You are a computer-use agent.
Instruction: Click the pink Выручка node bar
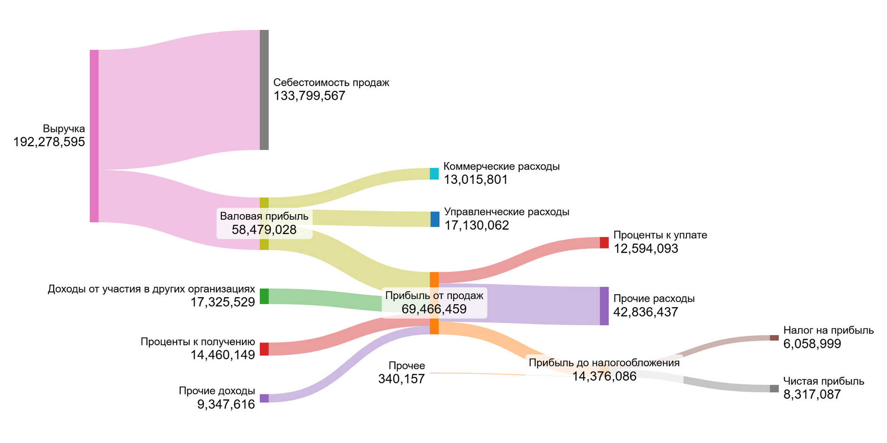coord(94,136)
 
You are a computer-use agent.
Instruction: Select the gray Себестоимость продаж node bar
coord(264,90)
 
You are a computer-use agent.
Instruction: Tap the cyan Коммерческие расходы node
coord(434,174)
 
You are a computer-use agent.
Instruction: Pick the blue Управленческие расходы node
coord(435,219)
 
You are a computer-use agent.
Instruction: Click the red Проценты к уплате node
coord(604,243)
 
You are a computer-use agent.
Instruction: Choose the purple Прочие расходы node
coord(604,306)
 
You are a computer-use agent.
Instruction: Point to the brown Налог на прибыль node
coord(774,338)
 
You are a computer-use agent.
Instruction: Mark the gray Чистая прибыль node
coord(774,388)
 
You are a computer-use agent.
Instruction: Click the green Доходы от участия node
coord(264,296)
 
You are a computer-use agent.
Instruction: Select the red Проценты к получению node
coord(264,349)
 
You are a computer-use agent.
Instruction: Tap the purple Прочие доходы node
coord(264,398)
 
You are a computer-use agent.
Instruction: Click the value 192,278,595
coord(49,142)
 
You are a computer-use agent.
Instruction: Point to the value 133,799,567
coord(309,96)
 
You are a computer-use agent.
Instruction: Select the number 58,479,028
coord(264,230)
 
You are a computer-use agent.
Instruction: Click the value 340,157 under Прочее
coord(401,379)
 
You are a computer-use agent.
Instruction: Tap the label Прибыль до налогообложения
coord(604,363)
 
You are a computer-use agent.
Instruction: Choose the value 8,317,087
coord(812,395)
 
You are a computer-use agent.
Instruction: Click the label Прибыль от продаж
coord(434,296)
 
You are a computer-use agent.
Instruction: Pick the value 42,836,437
coord(646,312)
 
